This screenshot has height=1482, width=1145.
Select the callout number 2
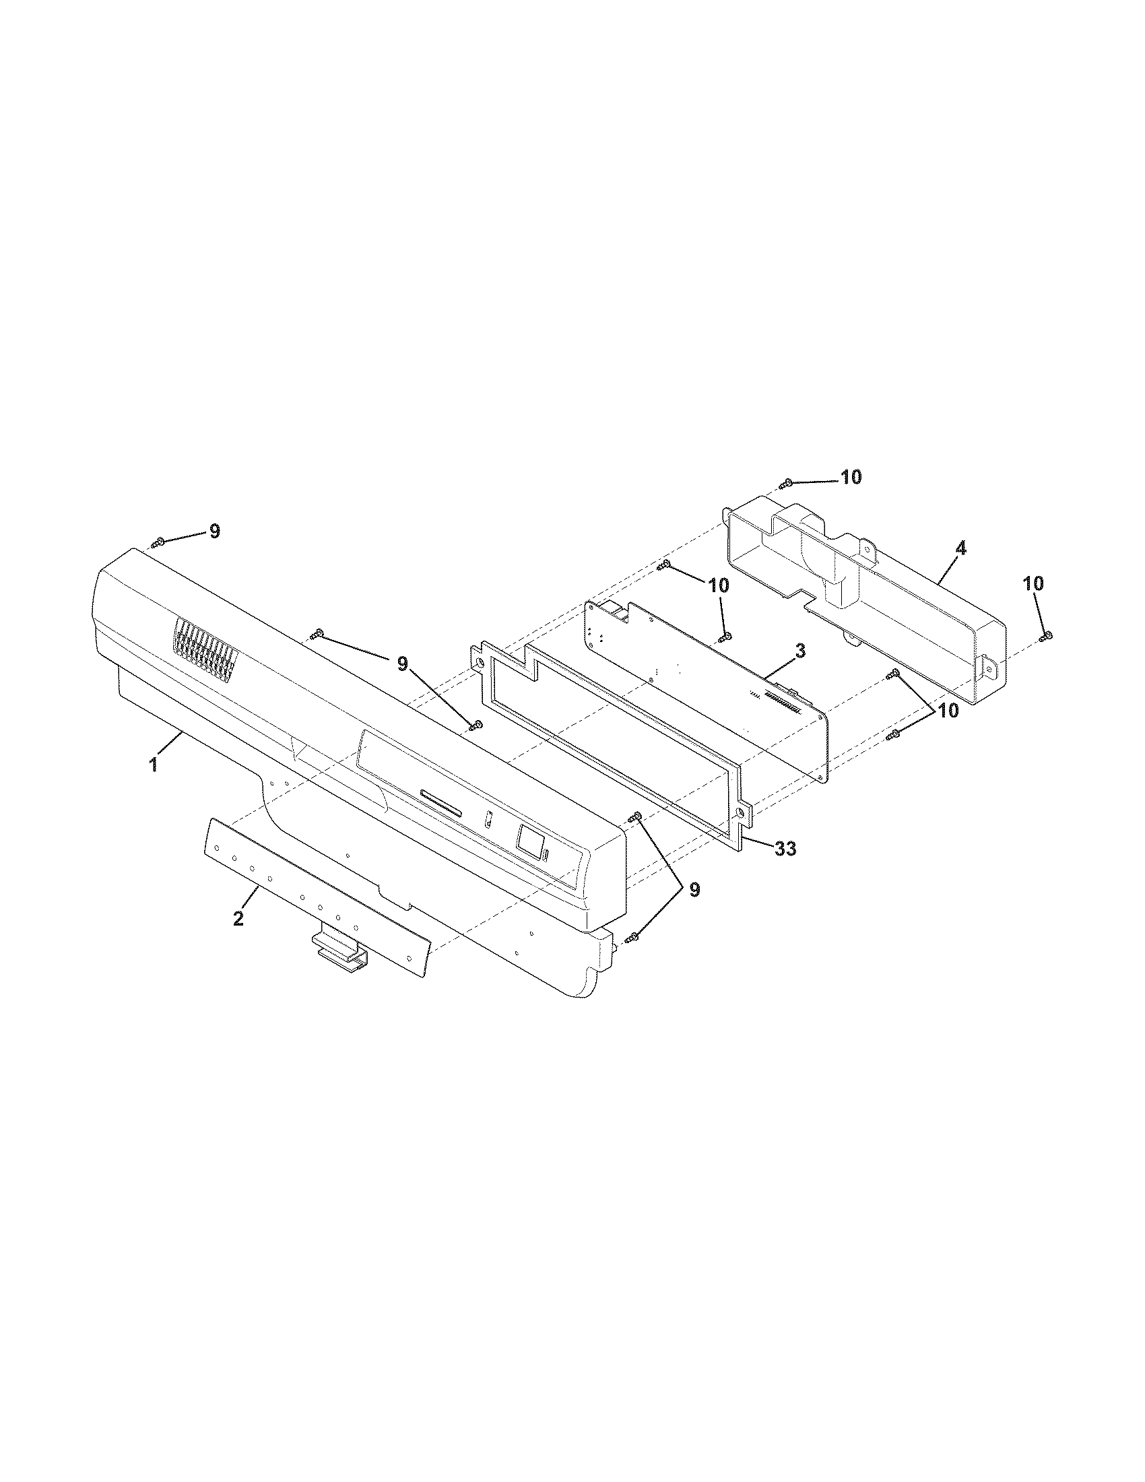[238, 919]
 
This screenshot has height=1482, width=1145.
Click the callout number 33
[785, 847]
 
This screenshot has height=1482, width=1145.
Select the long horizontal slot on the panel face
[441, 802]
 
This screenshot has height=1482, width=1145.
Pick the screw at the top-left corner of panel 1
[158, 542]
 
